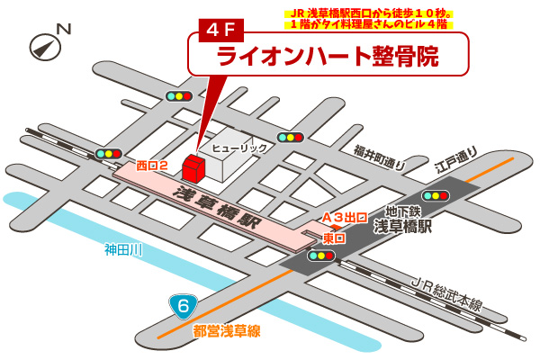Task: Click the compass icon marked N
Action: click(x=47, y=42)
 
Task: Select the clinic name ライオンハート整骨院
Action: click(x=328, y=56)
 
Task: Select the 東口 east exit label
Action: click(x=333, y=238)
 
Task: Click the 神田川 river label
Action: click(x=123, y=249)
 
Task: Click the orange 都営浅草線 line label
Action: click(x=226, y=331)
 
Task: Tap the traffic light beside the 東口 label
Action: click(x=320, y=256)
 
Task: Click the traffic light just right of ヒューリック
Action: click(x=290, y=138)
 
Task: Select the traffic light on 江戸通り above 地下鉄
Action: click(x=436, y=195)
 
